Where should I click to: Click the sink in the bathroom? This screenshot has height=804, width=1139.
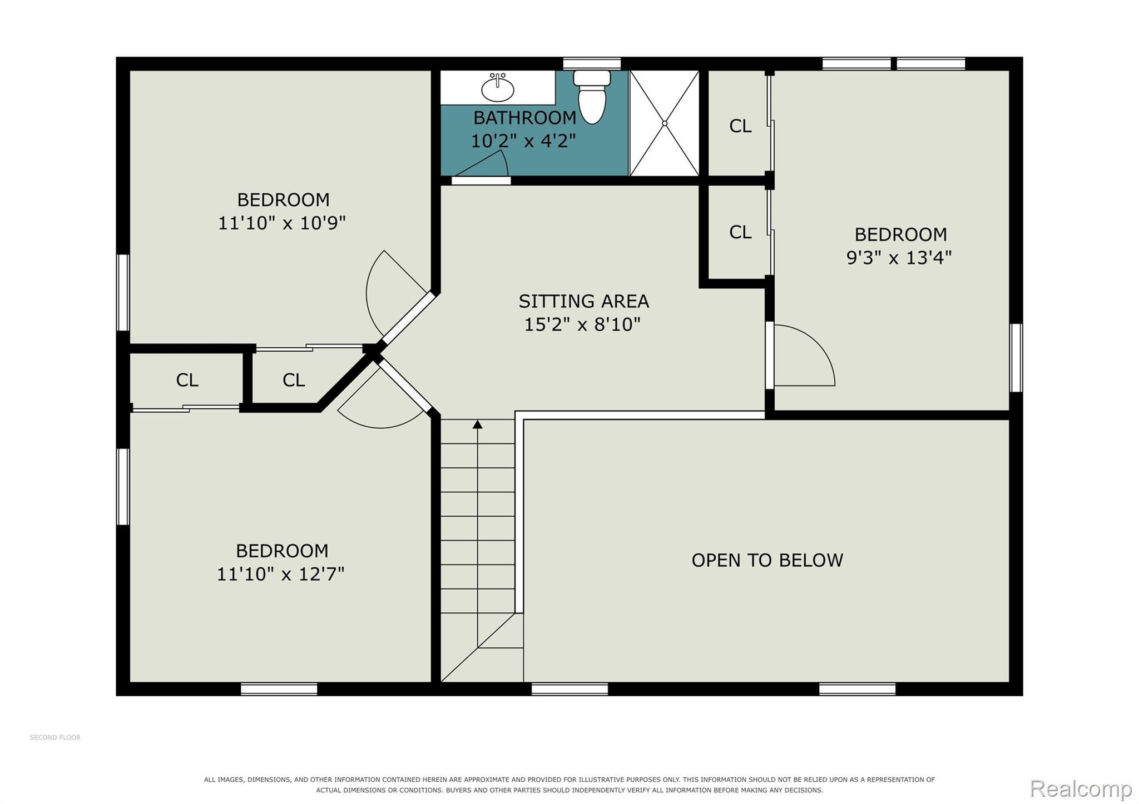pyautogui.click(x=497, y=88)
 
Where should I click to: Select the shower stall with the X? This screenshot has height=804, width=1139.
pyautogui.click(x=664, y=123)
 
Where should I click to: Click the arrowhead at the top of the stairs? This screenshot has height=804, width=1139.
pyautogui.click(x=477, y=425)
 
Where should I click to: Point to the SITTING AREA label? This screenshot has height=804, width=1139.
pyautogui.click(x=583, y=301)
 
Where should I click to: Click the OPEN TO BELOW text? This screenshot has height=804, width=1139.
pyautogui.click(x=767, y=560)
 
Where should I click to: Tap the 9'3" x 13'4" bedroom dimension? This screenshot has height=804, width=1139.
pyautogui.click(x=899, y=258)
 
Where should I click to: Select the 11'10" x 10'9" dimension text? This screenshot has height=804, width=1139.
pyautogui.click(x=282, y=223)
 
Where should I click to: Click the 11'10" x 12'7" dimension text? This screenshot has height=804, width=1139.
pyautogui.click(x=281, y=574)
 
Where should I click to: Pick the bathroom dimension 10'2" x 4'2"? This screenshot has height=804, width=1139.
pyautogui.click(x=523, y=141)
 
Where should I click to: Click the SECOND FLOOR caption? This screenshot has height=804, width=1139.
pyautogui.click(x=55, y=737)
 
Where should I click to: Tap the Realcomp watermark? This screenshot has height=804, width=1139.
pyautogui.click(x=1081, y=788)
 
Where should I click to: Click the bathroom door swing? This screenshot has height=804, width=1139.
pyautogui.click(x=480, y=164)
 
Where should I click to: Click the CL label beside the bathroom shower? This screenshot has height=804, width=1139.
pyautogui.click(x=740, y=126)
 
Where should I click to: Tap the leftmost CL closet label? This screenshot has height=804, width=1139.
pyautogui.click(x=187, y=380)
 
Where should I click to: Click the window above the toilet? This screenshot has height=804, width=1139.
pyautogui.click(x=592, y=63)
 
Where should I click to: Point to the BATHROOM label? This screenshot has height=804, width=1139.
pyautogui.click(x=524, y=118)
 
